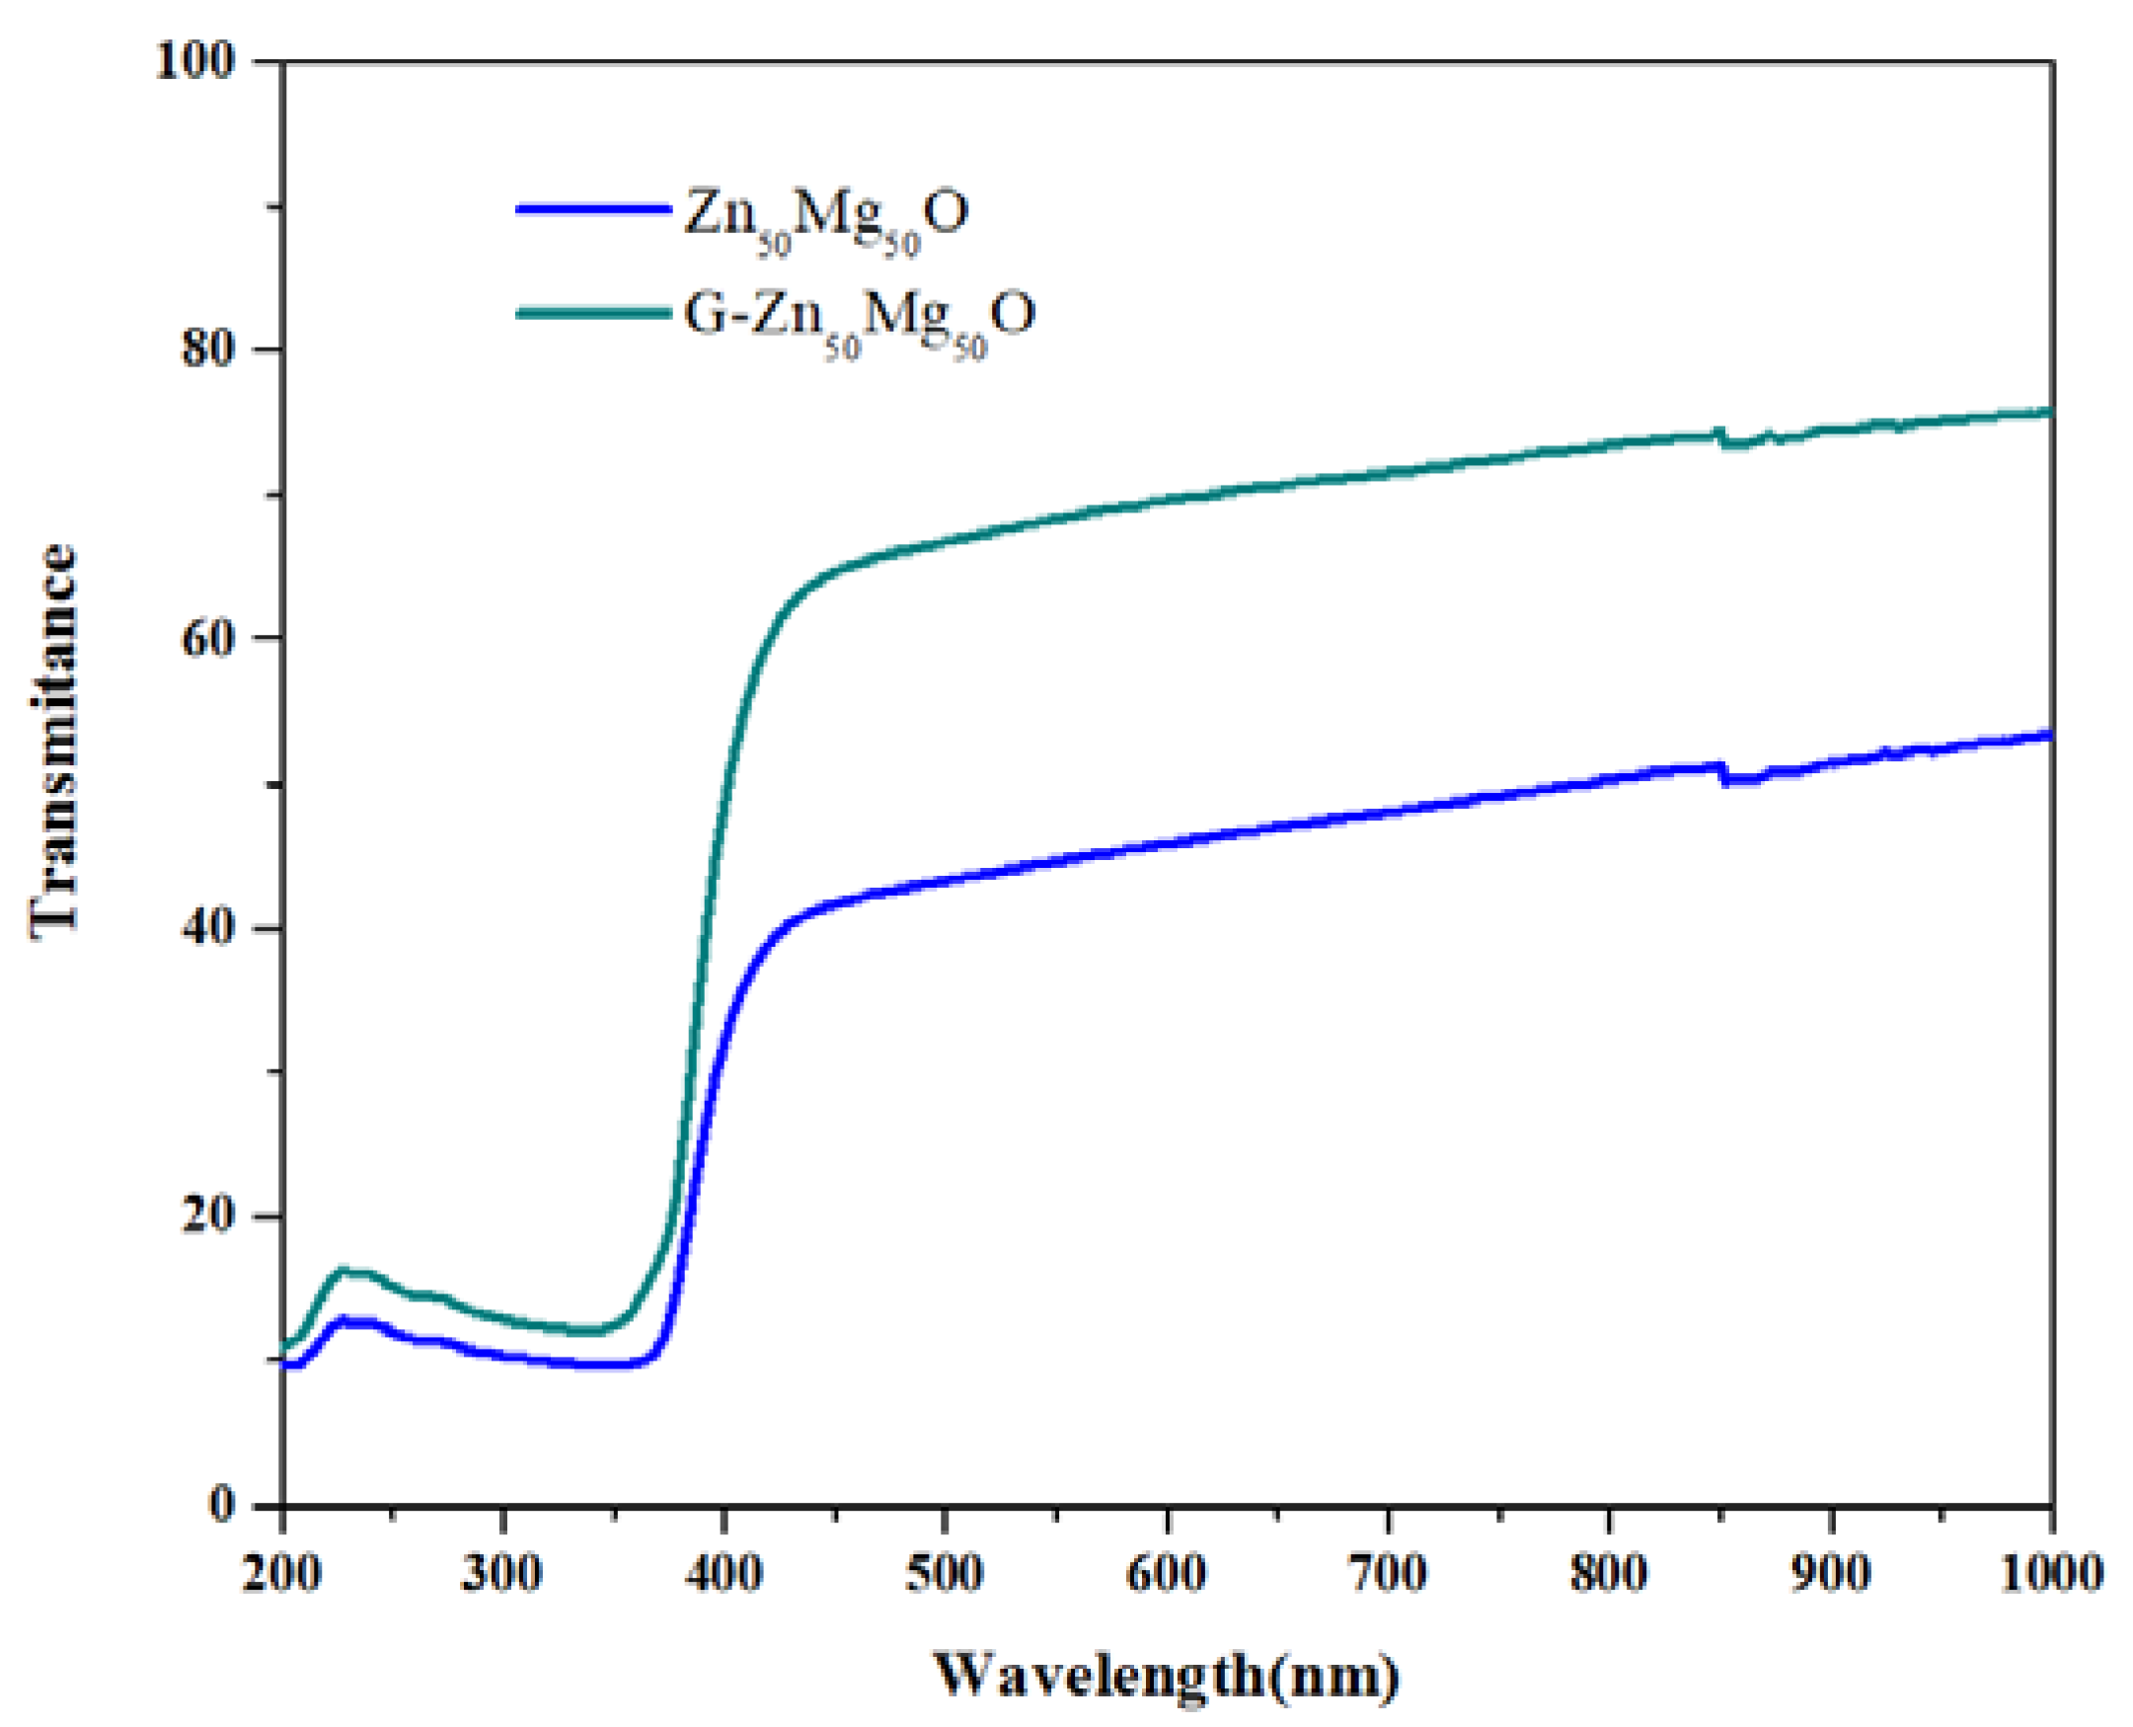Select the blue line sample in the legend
592,209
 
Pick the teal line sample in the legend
592,312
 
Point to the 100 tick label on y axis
207,61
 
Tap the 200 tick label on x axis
282,1573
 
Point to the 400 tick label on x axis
724,1573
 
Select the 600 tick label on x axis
1167,1573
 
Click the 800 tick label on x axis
1608,1573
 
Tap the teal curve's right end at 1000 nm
2048,412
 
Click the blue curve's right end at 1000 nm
2048,736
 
